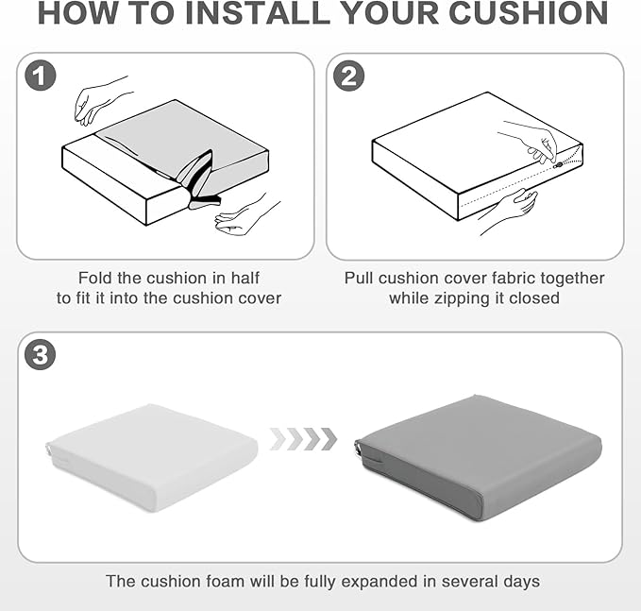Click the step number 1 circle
click(x=40, y=76)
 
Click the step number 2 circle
click(x=348, y=76)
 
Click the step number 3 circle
click(x=40, y=354)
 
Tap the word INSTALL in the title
click(x=258, y=13)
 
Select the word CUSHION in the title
click(x=529, y=13)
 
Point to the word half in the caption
click(x=245, y=278)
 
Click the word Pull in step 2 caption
click(x=359, y=278)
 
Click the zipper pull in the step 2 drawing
click(x=558, y=165)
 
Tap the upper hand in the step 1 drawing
click(x=100, y=102)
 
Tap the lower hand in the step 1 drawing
click(x=245, y=214)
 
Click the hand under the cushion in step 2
click(x=511, y=209)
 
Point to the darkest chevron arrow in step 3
click(x=329, y=439)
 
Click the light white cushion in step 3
click(x=152, y=457)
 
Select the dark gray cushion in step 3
click(x=478, y=457)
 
